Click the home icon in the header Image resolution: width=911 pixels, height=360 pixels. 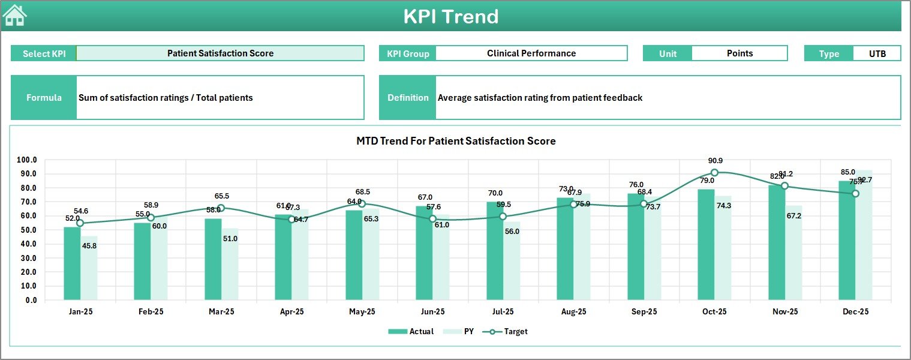(x=15, y=16)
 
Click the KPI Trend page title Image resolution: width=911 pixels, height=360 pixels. (x=451, y=16)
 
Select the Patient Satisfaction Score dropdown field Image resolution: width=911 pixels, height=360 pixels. (x=220, y=53)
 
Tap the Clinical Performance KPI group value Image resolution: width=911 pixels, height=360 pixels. (x=531, y=53)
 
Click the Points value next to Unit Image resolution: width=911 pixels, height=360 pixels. (x=739, y=53)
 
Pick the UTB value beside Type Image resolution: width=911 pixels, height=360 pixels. (x=877, y=53)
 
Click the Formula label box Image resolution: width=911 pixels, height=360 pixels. (x=44, y=98)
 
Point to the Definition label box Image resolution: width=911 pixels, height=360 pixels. (x=408, y=98)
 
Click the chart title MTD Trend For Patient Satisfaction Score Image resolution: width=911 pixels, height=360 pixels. (x=456, y=141)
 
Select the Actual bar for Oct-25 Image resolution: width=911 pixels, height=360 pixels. (x=706, y=246)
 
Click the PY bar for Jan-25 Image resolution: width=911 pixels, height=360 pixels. (x=89, y=270)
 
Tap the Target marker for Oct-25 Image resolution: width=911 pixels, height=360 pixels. (x=714, y=173)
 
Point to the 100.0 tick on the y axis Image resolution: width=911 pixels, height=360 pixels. (x=27, y=160)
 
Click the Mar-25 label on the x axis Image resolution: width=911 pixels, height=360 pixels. (x=221, y=312)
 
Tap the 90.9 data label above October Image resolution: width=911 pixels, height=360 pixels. (x=715, y=161)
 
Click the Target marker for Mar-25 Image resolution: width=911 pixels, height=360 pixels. (x=221, y=208)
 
